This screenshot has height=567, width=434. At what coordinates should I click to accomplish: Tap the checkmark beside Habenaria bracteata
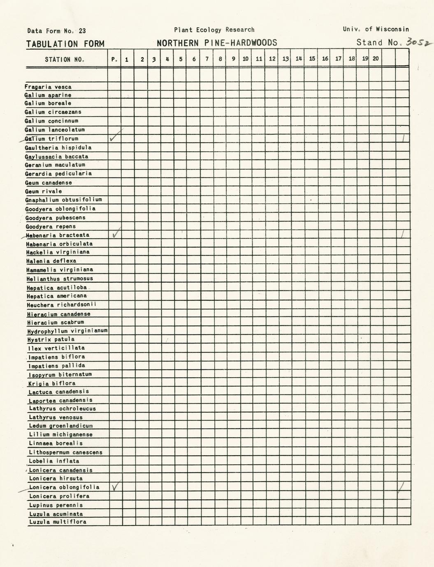(x=116, y=233)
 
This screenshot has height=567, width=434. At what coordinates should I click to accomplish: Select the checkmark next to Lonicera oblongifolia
(x=116, y=486)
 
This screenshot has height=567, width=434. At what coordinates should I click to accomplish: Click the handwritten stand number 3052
(x=416, y=42)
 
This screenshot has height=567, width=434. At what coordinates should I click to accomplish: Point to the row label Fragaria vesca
(x=48, y=87)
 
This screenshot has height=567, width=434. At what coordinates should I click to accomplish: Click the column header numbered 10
(x=246, y=59)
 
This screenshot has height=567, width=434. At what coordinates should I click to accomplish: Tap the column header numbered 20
(x=376, y=59)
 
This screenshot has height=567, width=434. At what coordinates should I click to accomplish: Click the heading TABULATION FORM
(x=65, y=44)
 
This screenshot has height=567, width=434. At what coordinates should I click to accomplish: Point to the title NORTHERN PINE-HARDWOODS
(x=217, y=43)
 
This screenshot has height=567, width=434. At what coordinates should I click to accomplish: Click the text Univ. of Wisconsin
(x=376, y=29)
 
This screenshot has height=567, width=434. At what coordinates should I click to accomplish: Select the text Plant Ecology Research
(x=214, y=30)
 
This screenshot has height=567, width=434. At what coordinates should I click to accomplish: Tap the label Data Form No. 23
(x=56, y=30)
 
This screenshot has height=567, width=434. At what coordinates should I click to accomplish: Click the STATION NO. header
(x=65, y=59)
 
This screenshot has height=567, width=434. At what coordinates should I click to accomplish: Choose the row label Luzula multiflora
(x=58, y=522)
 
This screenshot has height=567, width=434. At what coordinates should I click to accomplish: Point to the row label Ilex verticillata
(x=56, y=348)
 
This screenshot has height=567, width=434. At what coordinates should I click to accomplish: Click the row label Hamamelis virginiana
(x=60, y=270)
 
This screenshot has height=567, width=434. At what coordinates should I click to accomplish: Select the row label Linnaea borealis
(x=56, y=443)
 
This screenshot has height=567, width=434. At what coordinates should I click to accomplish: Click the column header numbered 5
(x=181, y=59)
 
